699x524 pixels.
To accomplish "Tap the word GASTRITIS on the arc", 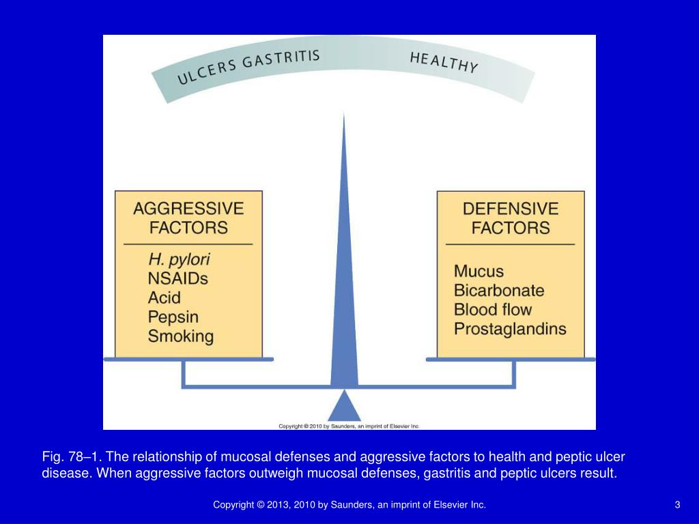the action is (281, 59).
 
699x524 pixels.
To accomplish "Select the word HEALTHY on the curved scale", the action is (444, 62).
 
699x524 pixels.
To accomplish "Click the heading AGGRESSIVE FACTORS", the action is (188, 218).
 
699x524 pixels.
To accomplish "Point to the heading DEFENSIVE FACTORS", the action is (511, 218).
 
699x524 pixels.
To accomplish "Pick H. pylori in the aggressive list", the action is (179, 260).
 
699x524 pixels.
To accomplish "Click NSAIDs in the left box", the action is (177, 278).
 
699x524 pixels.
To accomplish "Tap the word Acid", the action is (165, 297).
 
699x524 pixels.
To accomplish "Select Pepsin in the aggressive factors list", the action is (173, 317).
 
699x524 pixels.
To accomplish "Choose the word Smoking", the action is (181, 336).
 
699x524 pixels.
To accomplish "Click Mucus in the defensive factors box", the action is (479, 271).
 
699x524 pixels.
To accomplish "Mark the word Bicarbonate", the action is (499, 290).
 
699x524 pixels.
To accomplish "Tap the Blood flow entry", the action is (493, 309).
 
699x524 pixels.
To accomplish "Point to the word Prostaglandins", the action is (510, 328).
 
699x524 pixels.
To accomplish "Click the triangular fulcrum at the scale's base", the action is (344, 407).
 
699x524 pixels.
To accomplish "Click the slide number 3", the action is (677, 505).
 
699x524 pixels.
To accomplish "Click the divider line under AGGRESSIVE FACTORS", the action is (188, 244).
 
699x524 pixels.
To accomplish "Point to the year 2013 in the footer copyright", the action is (276, 505).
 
